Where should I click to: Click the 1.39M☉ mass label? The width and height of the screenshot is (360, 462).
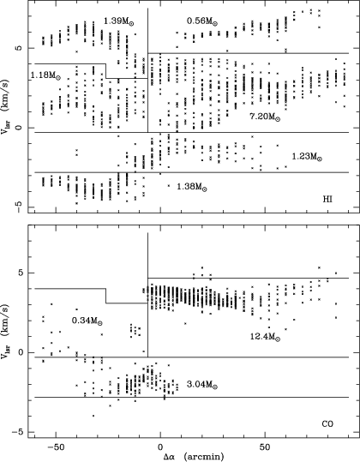[x=121, y=21]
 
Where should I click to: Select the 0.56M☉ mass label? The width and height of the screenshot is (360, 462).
[x=202, y=21]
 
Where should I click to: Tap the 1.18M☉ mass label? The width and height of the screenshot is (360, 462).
[x=45, y=75]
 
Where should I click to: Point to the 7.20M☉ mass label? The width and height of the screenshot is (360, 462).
[x=265, y=117]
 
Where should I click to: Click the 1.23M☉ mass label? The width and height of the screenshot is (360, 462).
[x=307, y=157]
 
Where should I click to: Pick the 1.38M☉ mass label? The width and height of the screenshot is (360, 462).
[x=192, y=187]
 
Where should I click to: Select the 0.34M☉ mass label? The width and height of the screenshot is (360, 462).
[x=87, y=321]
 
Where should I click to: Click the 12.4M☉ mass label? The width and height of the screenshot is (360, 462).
[x=265, y=337]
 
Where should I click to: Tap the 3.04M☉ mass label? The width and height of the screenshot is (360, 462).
[x=202, y=385]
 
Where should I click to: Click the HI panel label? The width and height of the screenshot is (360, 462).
[x=327, y=200]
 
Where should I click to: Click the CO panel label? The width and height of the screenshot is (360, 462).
[x=327, y=424]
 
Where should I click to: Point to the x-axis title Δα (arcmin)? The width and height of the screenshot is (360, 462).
[x=194, y=457]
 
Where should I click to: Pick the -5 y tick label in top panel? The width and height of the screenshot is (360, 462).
[x=19, y=203]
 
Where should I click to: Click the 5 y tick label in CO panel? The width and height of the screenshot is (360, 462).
[x=19, y=273]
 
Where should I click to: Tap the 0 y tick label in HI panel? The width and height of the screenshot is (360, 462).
[x=19, y=128]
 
